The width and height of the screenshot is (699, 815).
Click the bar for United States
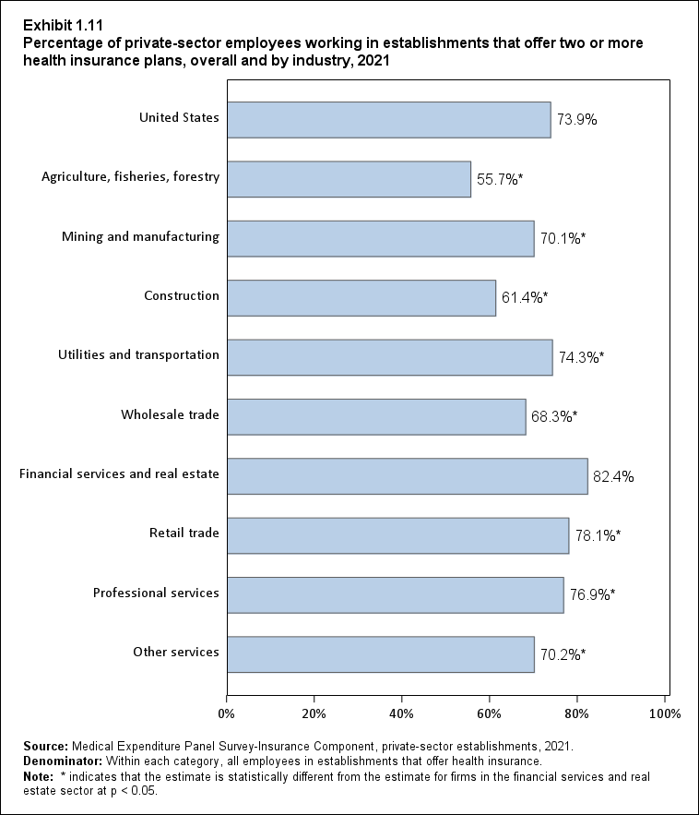(x=388, y=119)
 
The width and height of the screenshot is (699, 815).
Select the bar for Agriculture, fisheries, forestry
(x=349, y=178)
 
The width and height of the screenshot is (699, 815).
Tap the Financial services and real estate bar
(x=407, y=476)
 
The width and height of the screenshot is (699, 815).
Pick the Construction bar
(x=361, y=297)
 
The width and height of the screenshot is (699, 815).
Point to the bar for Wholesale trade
(x=375, y=416)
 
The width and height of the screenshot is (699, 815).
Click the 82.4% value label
(x=613, y=477)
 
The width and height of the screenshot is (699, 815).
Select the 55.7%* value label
(x=500, y=179)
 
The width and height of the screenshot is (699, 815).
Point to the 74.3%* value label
(x=582, y=357)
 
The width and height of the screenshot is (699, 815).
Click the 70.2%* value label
(x=563, y=655)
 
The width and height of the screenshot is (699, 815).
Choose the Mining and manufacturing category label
(x=140, y=236)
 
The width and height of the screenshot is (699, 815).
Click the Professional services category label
(x=156, y=593)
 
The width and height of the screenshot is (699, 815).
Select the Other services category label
(x=175, y=652)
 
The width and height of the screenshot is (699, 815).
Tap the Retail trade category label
(x=184, y=533)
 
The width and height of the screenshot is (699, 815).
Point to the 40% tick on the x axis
(x=401, y=713)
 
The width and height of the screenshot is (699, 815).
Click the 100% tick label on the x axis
(x=664, y=713)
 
